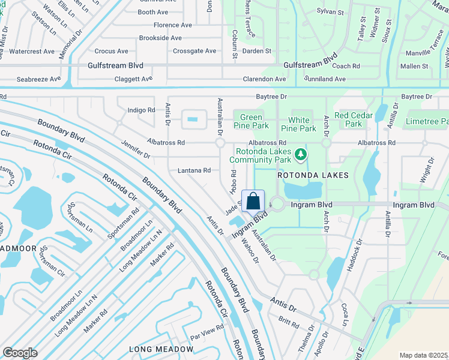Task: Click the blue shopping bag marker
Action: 253,200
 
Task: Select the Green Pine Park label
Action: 251,121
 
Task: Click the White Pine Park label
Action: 299,124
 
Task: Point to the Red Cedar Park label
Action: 354,119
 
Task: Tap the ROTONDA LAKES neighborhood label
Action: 312,175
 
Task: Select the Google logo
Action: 20,353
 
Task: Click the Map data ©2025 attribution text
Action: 424,355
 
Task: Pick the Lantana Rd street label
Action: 194,170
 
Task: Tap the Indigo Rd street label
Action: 141,110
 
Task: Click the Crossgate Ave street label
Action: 194,51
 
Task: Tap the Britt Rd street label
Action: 288,323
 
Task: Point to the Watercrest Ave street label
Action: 32,52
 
